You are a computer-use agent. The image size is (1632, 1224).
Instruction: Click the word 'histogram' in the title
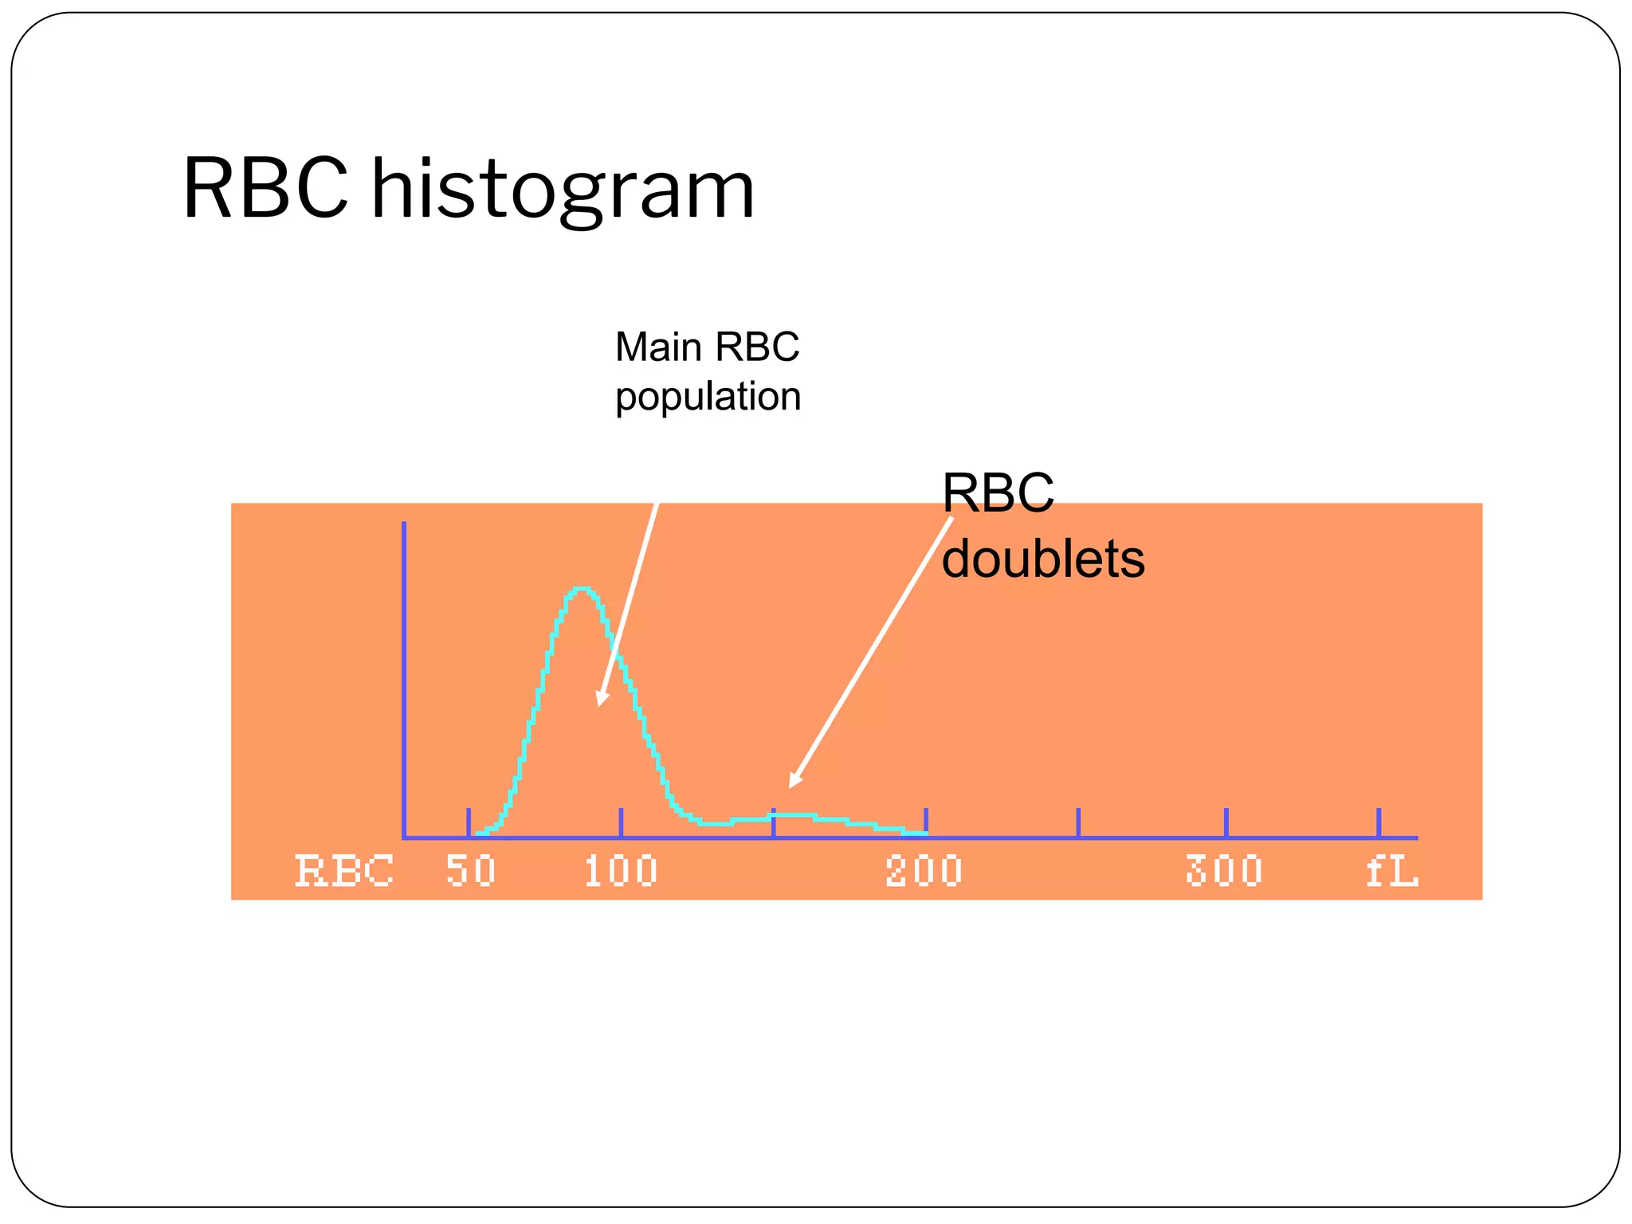(563, 189)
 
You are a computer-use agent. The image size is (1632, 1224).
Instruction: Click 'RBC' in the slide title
(265, 189)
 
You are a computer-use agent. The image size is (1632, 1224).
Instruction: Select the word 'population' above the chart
(708, 397)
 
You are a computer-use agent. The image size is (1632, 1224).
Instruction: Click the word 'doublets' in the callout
(1042, 559)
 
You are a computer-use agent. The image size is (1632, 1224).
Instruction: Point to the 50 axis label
(470, 870)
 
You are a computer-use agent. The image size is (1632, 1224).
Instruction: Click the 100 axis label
(621, 870)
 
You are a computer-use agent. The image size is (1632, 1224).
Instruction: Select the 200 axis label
(924, 870)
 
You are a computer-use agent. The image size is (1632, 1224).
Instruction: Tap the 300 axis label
(1225, 870)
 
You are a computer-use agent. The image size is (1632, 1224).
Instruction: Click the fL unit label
(1391, 870)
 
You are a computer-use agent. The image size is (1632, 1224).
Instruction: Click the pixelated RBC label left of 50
(344, 870)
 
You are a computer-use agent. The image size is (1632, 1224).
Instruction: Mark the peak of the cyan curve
(583, 590)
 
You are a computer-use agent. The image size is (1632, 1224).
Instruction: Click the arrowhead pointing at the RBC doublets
(794, 780)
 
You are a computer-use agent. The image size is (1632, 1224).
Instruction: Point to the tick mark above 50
(469, 822)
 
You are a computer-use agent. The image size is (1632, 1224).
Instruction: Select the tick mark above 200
(926, 822)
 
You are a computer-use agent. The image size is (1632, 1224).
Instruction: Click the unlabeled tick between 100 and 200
(773, 822)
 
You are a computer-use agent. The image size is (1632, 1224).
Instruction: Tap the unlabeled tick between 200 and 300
(1078, 822)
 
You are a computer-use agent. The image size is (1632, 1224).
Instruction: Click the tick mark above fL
(1379, 822)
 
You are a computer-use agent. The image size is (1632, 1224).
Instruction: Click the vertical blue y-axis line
(404, 677)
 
